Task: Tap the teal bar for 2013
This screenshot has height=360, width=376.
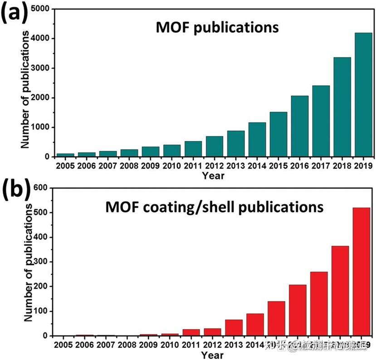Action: click(x=236, y=143)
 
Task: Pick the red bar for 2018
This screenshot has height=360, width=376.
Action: click(x=340, y=291)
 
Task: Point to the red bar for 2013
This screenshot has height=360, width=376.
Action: click(x=234, y=327)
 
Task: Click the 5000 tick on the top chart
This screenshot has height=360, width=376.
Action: click(x=41, y=9)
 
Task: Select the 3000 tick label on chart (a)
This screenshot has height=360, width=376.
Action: click(x=41, y=68)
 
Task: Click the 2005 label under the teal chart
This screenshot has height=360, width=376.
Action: click(x=65, y=166)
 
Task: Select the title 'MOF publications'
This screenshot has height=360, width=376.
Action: click(x=217, y=28)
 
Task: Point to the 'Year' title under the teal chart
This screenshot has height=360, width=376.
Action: click(x=213, y=175)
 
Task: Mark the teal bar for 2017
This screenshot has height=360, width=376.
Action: click(x=321, y=121)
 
